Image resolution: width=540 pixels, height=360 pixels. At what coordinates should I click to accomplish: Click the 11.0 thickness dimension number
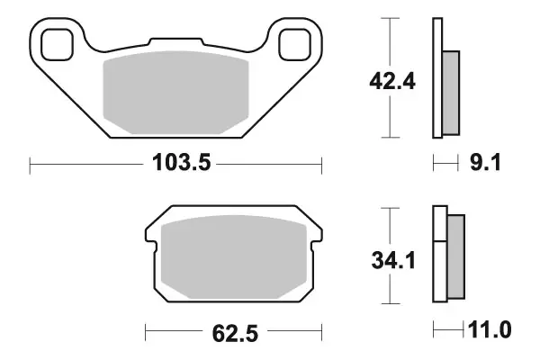tap(490, 330)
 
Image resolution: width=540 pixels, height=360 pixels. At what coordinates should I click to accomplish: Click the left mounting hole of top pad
tap(56, 41)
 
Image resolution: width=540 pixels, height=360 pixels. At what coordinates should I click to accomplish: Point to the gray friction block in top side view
tap(451, 89)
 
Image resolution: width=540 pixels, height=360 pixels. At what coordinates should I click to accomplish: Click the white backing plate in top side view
tap(437, 78)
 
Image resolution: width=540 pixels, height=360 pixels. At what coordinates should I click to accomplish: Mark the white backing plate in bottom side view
tap(439, 256)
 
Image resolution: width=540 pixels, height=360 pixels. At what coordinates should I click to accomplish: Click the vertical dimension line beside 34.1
tap(389, 225)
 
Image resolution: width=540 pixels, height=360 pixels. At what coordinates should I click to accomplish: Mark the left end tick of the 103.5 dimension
tap(31, 164)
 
